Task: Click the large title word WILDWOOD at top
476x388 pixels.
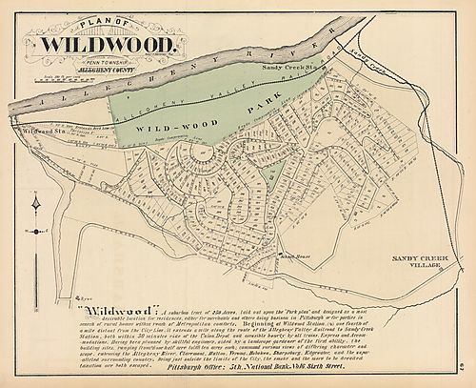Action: (x=107, y=45)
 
